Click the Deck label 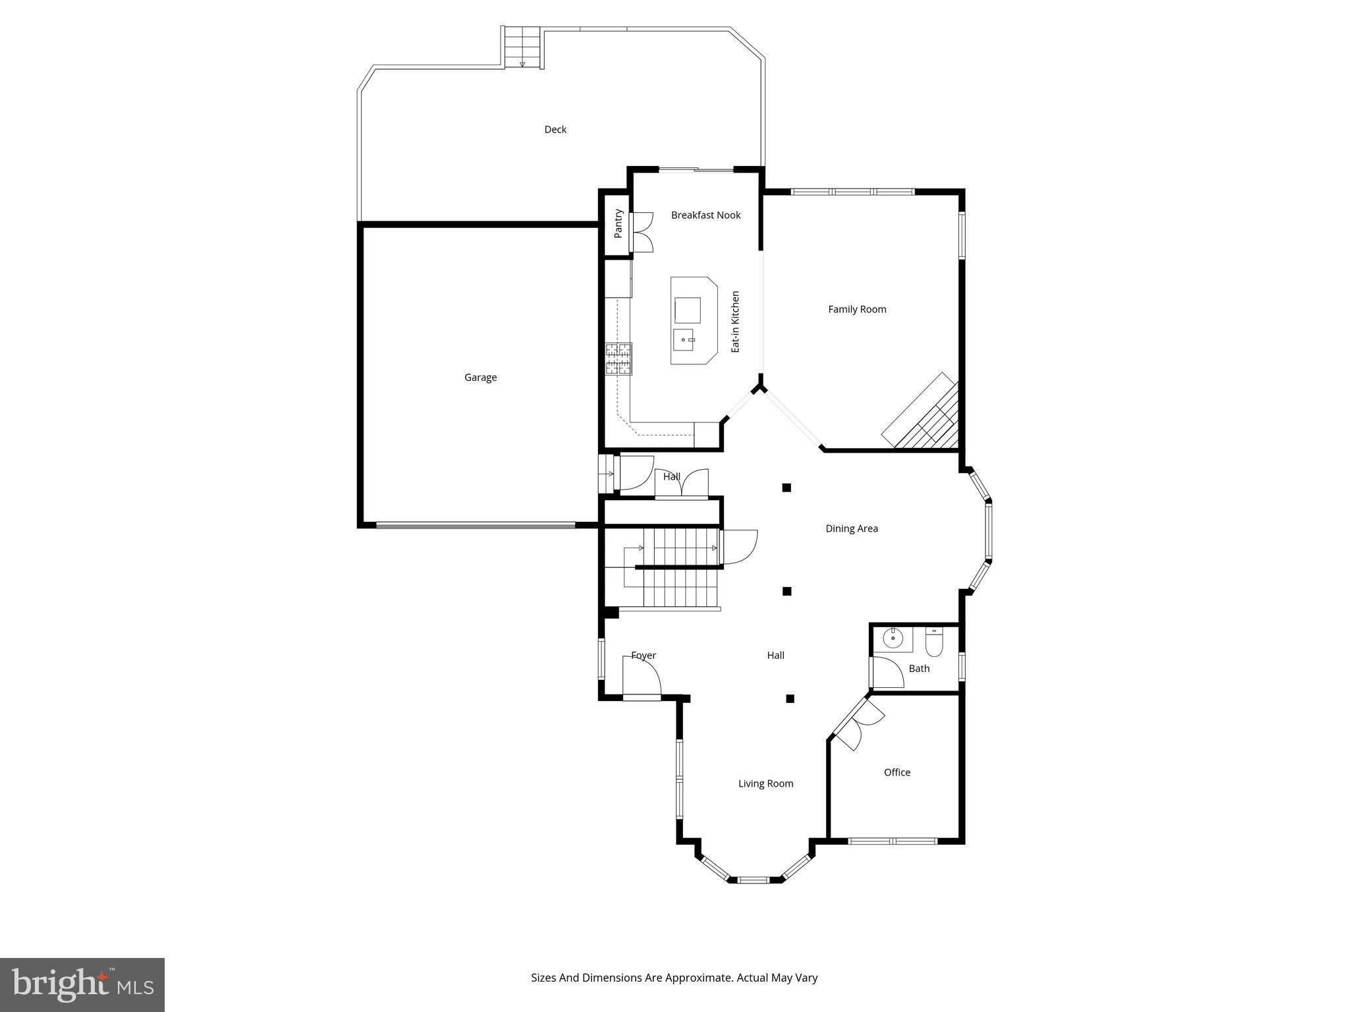tap(555, 130)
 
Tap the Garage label tap(480, 378)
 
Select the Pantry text tap(618, 224)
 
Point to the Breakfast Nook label tap(705, 215)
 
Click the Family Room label tap(857, 309)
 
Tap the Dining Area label tap(852, 528)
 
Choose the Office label tap(896, 772)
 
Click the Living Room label tap(765, 783)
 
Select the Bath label tap(919, 669)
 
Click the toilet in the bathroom tap(934, 642)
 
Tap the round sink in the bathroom tap(893, 638)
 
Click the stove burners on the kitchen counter tap(619, 359)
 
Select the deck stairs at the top tap(522, 47)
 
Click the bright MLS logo tap(82, 984)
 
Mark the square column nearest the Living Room tap(790, 698)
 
